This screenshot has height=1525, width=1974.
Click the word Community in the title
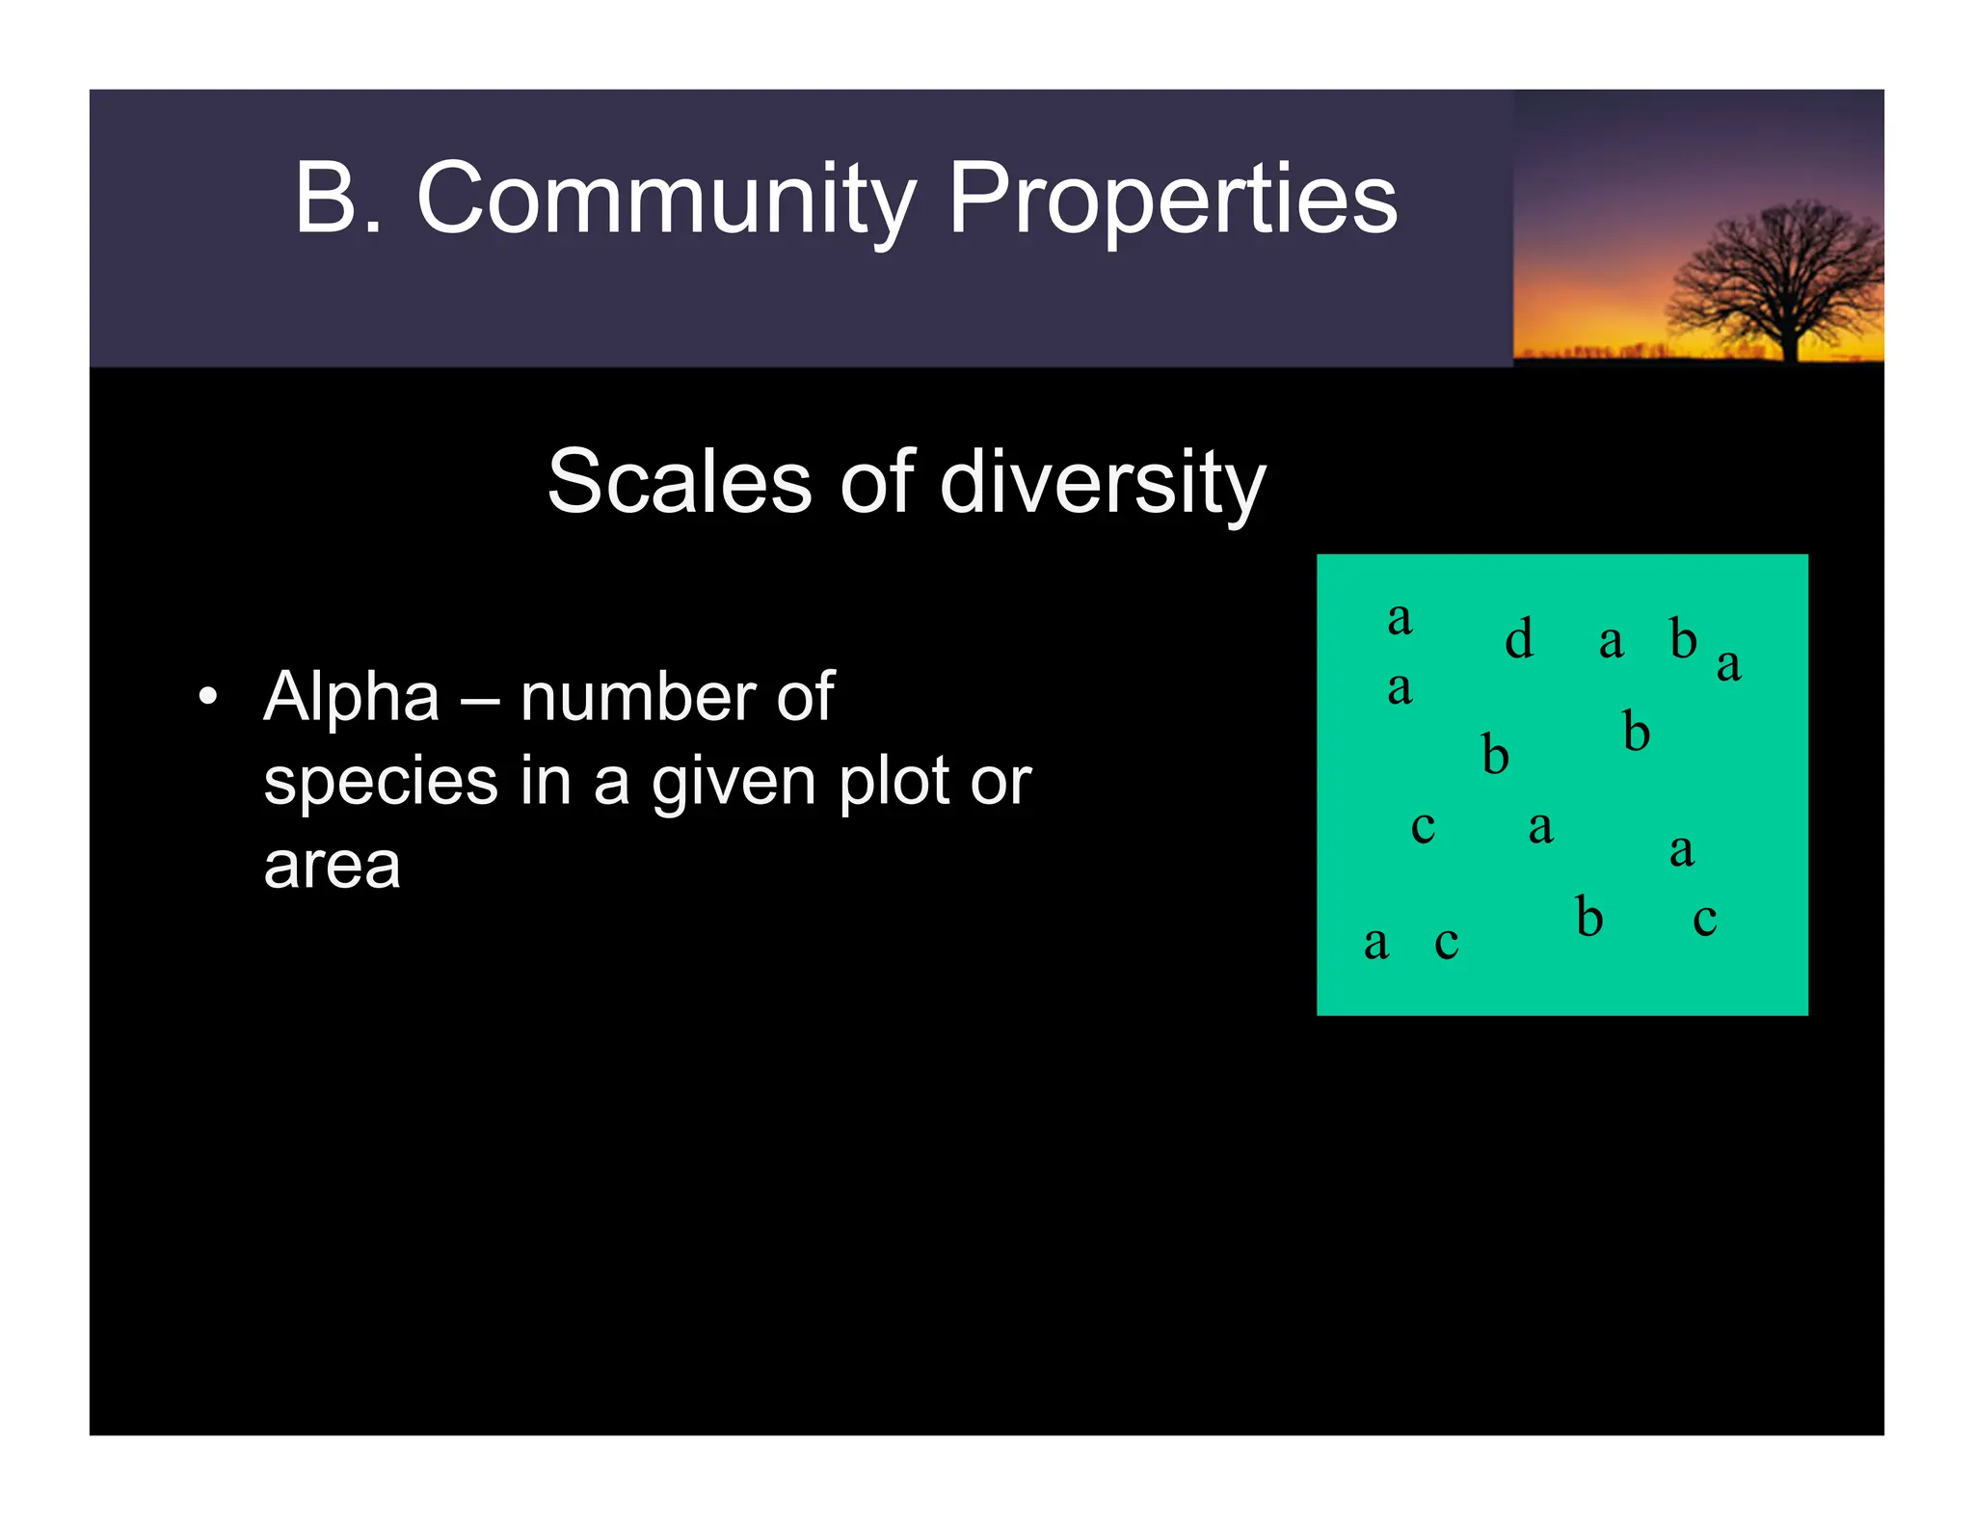pyautogui.click(x=665, y=200)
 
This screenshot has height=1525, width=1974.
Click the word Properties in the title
pyautogui.click(x=1172, y=200)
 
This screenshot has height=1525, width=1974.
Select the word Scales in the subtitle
pyautogui.click(x=680, y=482)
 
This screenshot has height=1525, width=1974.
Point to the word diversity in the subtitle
pyautogui.click(x=1102, y=482)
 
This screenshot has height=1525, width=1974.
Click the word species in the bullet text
pyautogui.click(x=381, y=783)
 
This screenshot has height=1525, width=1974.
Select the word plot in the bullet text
pyautogui.click(x=894, y=781)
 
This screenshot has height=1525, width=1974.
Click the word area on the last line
pyautogui.click(x=332, y=866)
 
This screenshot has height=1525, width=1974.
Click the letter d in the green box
pyautogui.click(x=1518, y=638)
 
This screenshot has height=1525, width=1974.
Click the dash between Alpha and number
pyautogui.click(x=480, y=699)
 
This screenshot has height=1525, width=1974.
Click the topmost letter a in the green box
pyautogui.click(x=1400, y=619)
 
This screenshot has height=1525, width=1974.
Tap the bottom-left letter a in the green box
pyautogui.click(x=1375, y=944)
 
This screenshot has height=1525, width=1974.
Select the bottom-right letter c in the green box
pyautogui.click(x=1704, y=920)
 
